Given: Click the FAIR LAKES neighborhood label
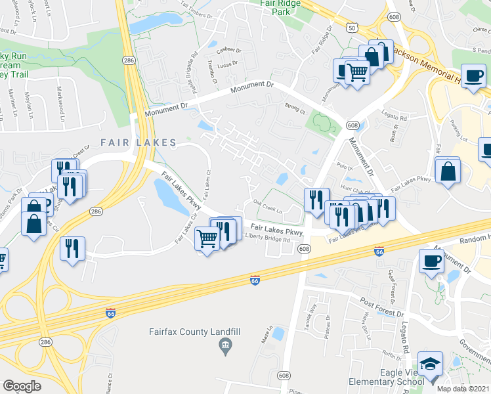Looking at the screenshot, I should coord(139,142).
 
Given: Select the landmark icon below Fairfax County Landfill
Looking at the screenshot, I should coord(225,345).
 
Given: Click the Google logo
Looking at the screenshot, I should coord(22,386).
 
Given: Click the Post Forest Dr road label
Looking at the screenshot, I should coord(381,305).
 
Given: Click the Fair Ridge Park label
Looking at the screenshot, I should coord(280,7).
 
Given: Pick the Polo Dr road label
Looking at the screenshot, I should coord(340,167).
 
